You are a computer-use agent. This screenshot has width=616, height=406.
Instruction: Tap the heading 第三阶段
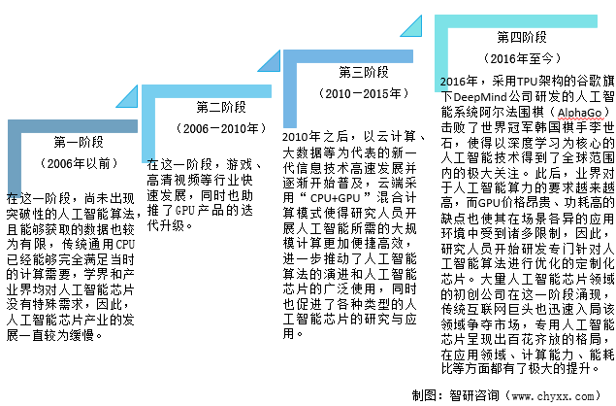click(x=364, y=73)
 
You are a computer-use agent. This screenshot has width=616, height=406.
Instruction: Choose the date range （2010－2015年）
click(x=364, y=94)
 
